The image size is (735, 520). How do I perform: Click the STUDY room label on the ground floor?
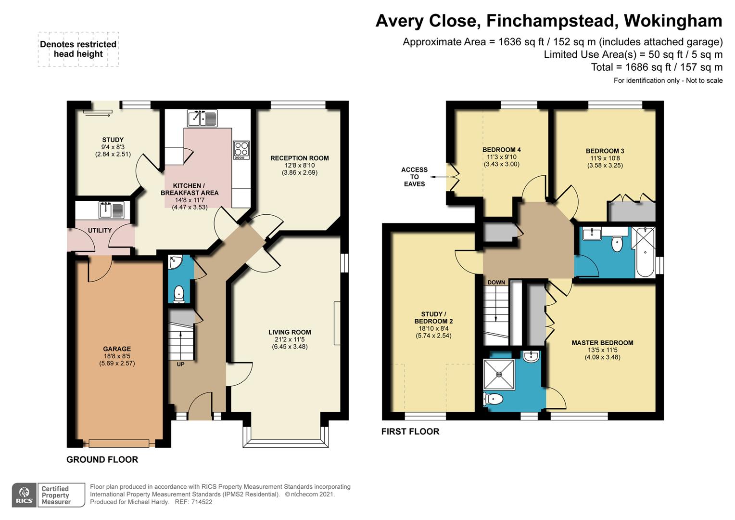pos(113,140)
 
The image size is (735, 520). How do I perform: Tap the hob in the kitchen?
pos(241,150)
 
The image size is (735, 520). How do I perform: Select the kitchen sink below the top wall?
pos(203,118)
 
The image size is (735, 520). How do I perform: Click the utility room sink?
pos(111,210)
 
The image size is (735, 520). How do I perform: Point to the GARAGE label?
pos(117,349)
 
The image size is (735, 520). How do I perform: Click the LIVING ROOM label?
pos(290,332)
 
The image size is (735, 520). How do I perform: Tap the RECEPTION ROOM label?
pos(300,158)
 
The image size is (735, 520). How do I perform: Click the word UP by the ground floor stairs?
pos(180,364)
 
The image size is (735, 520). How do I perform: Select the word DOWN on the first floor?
pos(496,283)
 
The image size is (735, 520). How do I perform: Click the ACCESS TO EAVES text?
pos(415,177)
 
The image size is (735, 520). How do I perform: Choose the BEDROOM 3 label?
pos(605,151)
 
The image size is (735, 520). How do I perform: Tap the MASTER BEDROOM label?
pos(602,343)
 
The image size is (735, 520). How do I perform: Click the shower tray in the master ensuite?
pos(499,375)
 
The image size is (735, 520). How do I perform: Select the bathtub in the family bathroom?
pos(645,252)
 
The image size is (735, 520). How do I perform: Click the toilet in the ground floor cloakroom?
pos(178,293)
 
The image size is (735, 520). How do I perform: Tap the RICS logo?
pos(24,495)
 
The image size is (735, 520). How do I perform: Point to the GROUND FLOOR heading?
pos(102,459)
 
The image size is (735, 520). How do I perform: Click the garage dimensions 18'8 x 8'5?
pos(117,356)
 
